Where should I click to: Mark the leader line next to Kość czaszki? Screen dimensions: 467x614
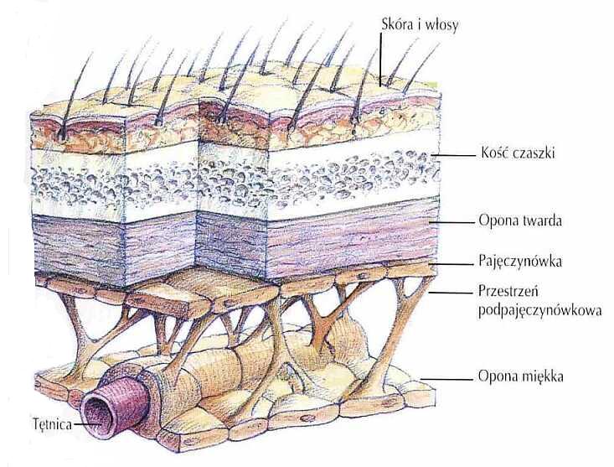tap(455, 156)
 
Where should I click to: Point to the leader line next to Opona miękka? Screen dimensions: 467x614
tap(448, 377)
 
